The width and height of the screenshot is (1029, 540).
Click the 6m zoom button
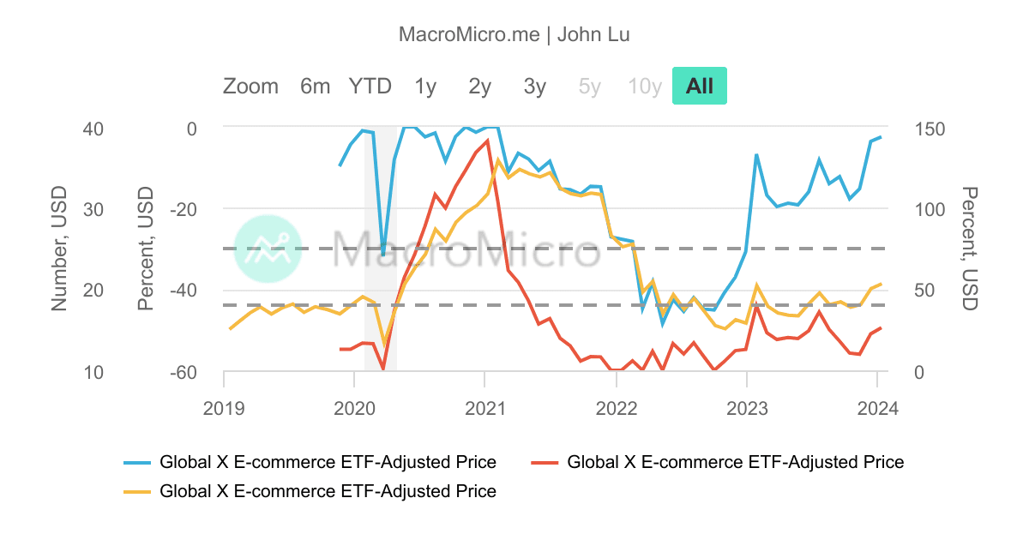point(315,87)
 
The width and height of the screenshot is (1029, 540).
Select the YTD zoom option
point(370,87)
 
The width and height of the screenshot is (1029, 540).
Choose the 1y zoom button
point(425,87)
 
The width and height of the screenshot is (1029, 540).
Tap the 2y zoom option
point(480,87)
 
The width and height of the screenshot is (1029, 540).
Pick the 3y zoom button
point(535,87)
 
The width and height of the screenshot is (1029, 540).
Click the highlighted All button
point(699,87)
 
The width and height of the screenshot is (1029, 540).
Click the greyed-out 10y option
point(645,87)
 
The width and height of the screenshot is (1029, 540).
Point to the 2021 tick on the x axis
point(485,408)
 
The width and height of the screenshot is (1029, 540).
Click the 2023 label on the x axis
point(747,408)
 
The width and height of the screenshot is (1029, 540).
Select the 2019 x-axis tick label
point(224,408)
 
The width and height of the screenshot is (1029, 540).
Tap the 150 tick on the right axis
point(930,129)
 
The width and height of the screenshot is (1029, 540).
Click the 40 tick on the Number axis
point(93,129)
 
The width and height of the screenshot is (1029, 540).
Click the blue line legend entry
point(316,463)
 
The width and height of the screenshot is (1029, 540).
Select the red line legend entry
point(724,463)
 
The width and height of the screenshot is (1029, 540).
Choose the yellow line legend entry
point(316,491)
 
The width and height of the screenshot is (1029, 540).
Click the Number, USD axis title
point(59,249)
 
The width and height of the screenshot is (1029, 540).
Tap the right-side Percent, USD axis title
point(969,249)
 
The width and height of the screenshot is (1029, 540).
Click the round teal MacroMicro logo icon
point(268,249)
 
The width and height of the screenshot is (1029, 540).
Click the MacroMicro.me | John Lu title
point(514,35)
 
